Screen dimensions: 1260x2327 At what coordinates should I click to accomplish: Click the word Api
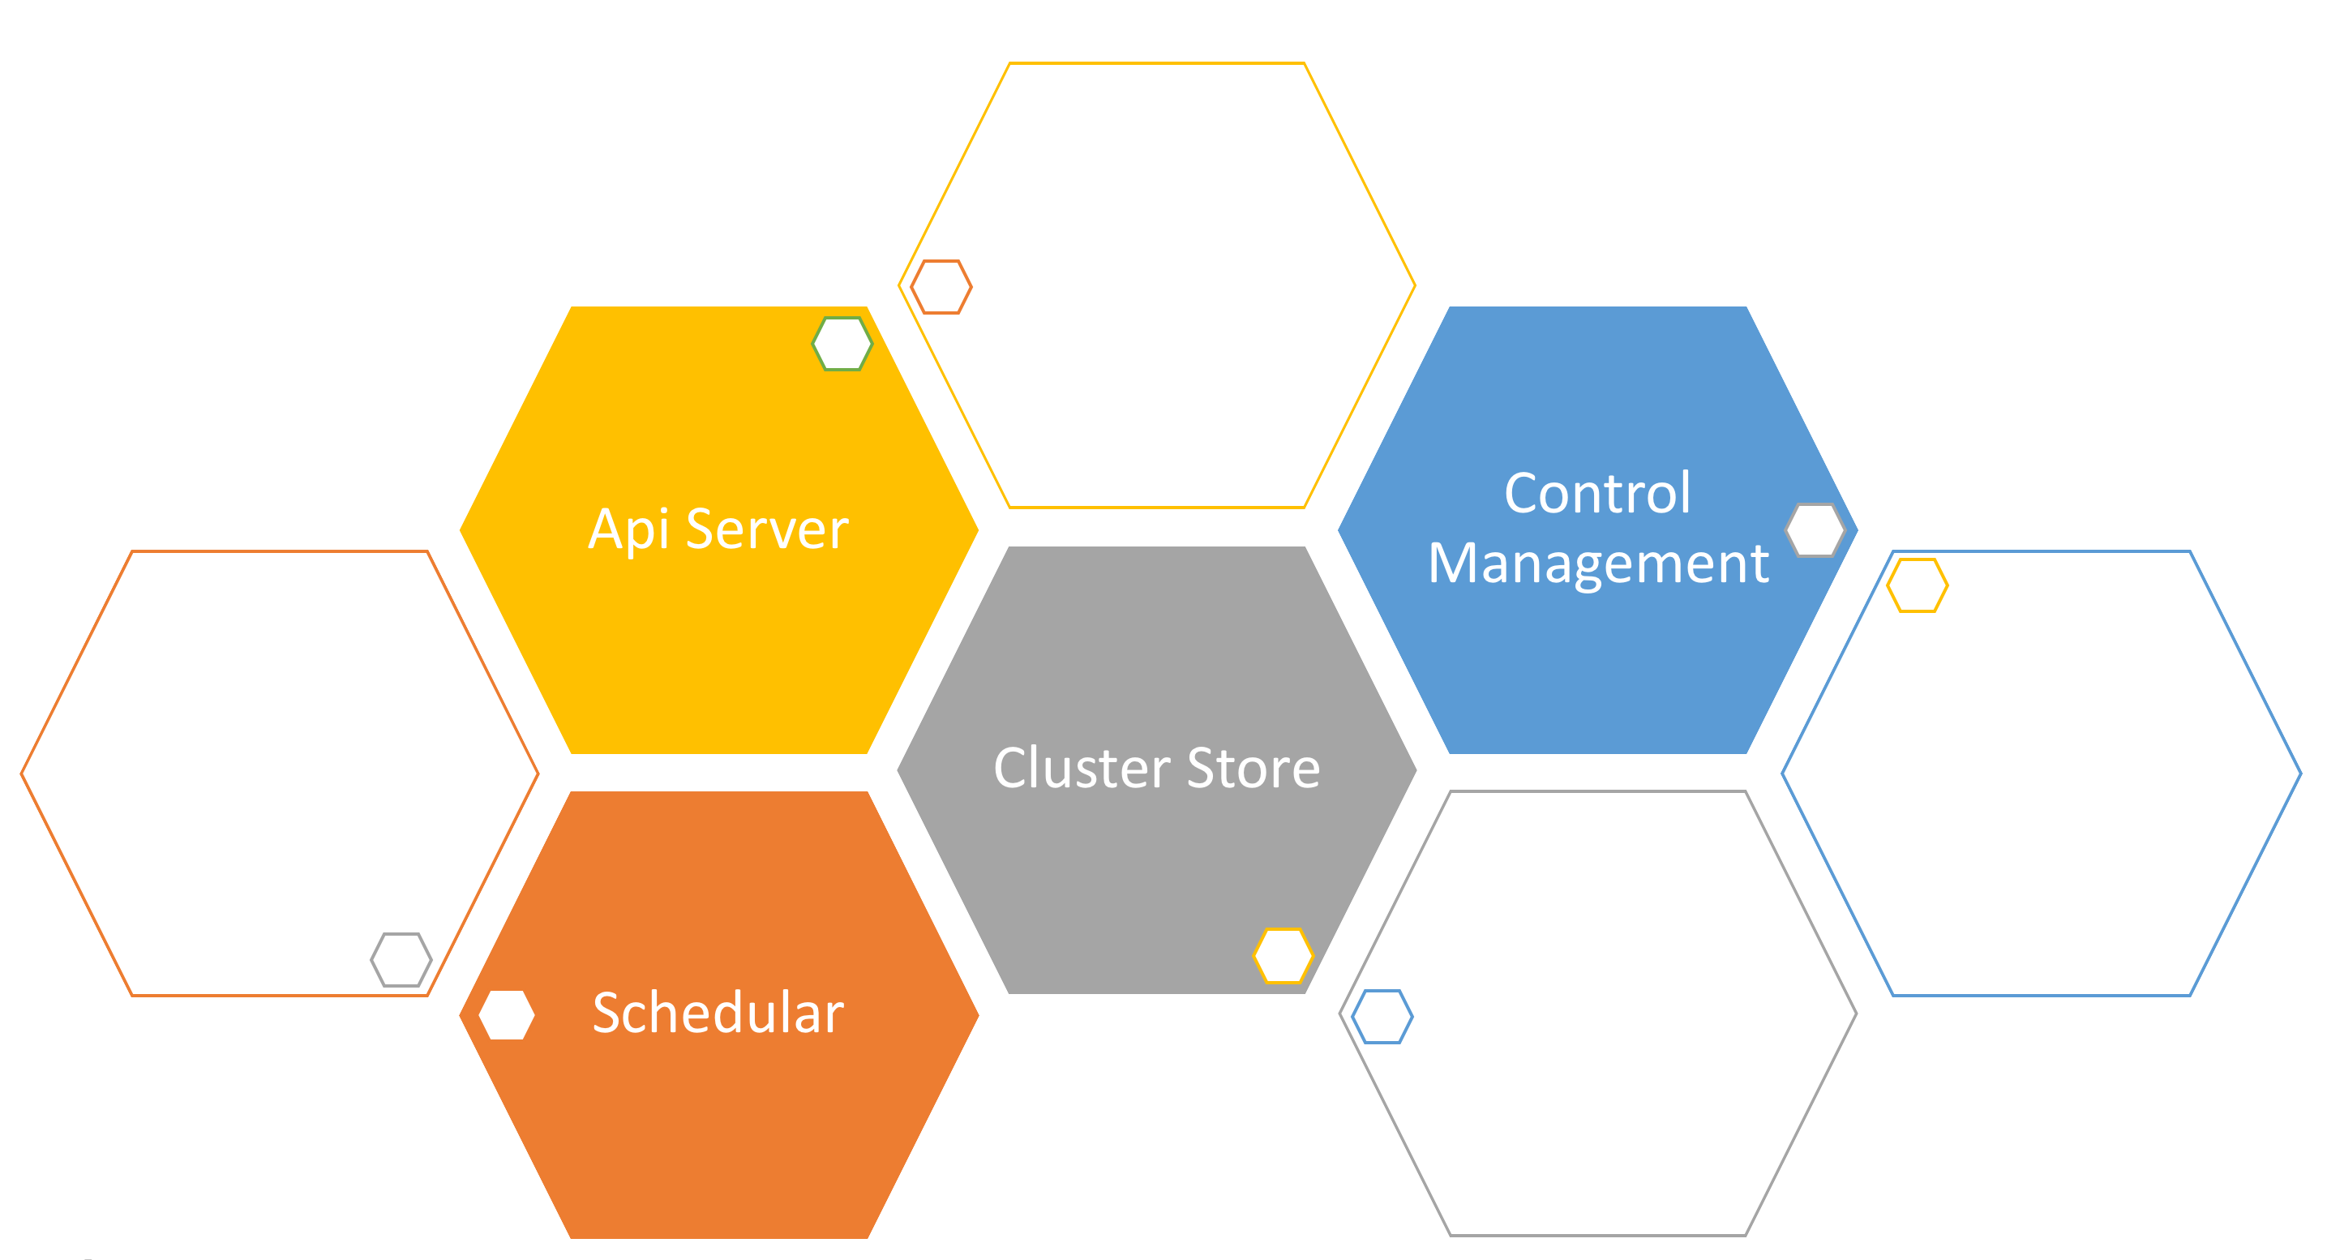(x=628, y=529)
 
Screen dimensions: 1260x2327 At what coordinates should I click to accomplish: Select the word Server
(x=767, y=529)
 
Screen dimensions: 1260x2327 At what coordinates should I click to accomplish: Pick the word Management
(x=1597, y=564)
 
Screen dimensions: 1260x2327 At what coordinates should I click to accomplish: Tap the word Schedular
(x=718, y=1013)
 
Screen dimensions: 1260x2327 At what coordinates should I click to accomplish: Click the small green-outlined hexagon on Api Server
(x=842, y=344)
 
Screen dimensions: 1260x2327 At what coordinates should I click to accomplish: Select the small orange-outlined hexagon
(x=941, y=287)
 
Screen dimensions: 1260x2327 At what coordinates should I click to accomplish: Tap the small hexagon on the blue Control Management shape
(x=1815, y=530)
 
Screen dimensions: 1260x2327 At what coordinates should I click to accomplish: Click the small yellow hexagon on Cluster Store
(x=1283, y=956)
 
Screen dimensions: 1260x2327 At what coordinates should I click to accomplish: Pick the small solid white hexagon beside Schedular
(x=507, y=1015)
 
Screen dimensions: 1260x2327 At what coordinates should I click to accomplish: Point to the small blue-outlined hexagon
(x=1382, y=1017)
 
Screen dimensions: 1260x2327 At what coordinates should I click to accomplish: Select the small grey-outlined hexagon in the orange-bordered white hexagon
(x=401, y=960)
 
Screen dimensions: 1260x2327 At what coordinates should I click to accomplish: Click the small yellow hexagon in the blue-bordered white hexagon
(x=1917, y=586)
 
